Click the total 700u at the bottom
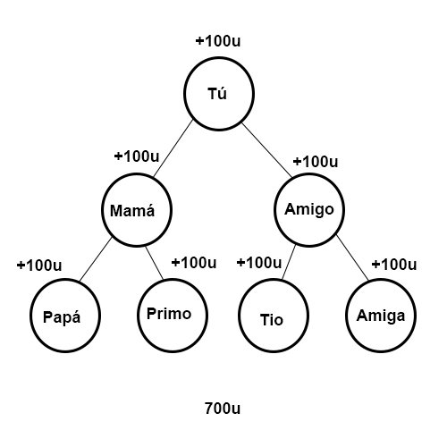click(223, 409)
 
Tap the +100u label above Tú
click(218, 41)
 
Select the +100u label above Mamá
click(137, 156)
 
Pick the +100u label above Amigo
click(316, 162)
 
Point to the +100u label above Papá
click(39, 265)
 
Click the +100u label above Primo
click(194, 263)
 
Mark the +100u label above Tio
click(259, 263)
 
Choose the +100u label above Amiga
click(394, 264)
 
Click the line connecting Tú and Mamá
click(173, 148)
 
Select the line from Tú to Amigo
click(267, 150)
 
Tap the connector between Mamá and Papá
click(96, 259)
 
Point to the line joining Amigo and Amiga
click(352, 257)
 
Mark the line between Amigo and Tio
click(289, 262)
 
